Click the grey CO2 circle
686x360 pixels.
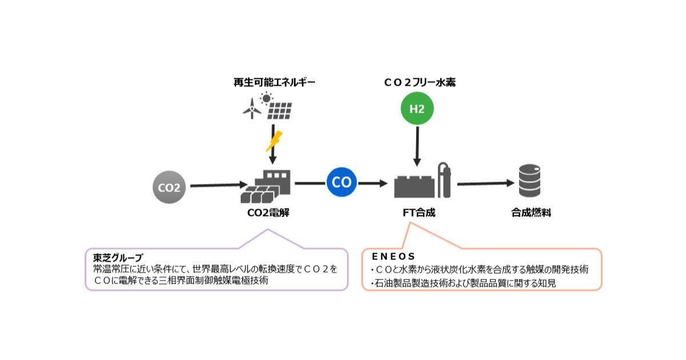(x=170, y=187)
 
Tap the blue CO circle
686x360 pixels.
(x=341, y=183)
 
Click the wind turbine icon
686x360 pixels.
(x=251, y=108)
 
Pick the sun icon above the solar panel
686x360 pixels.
(x=266, y=98)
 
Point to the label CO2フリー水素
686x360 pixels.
(x=420, y=83)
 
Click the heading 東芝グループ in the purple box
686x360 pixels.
(x=118, y=257)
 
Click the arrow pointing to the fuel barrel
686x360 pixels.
(x=485, y=183)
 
